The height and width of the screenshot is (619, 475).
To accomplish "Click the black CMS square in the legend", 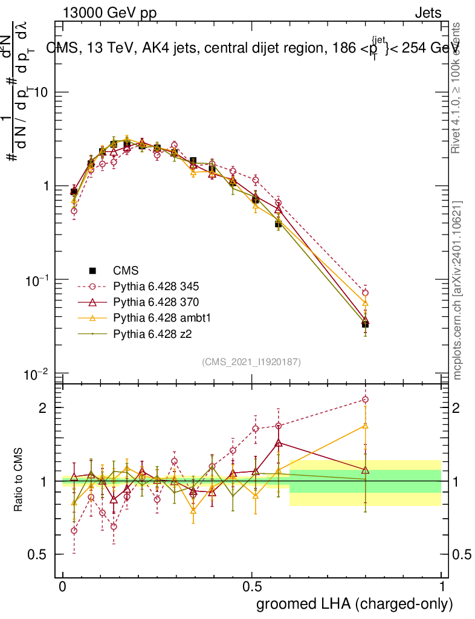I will click(x=92, y=270).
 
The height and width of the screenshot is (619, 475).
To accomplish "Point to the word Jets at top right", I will click(x=428, y=13).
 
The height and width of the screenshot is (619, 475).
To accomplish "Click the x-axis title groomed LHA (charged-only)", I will click(x=355, y=604).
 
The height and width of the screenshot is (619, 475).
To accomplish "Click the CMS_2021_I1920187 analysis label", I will click(x=251, y=361).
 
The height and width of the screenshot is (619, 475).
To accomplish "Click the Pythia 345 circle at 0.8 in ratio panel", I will click(x=365, y=400).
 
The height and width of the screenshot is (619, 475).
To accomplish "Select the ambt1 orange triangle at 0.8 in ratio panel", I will click(x=365, y=426).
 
